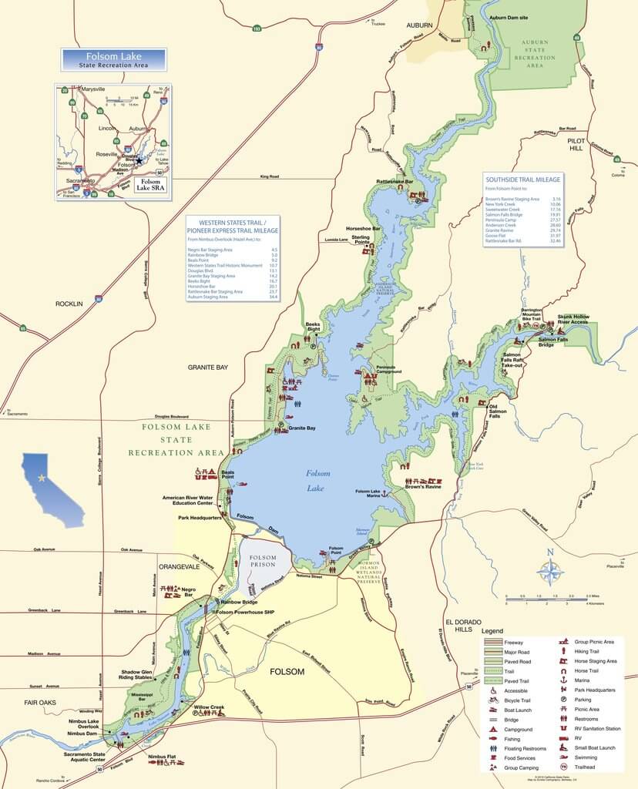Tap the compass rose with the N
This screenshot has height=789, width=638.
(550, 571)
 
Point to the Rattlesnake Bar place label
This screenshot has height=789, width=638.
(395, 182)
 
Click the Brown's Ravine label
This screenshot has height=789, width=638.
(423, 487)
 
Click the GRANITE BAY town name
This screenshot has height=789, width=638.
(208, 368)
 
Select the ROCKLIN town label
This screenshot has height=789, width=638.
(69, 304)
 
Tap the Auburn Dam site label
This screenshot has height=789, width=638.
(509, 16)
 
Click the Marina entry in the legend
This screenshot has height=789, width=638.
(583, 680)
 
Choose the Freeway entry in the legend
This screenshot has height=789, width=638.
(513, 643)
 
